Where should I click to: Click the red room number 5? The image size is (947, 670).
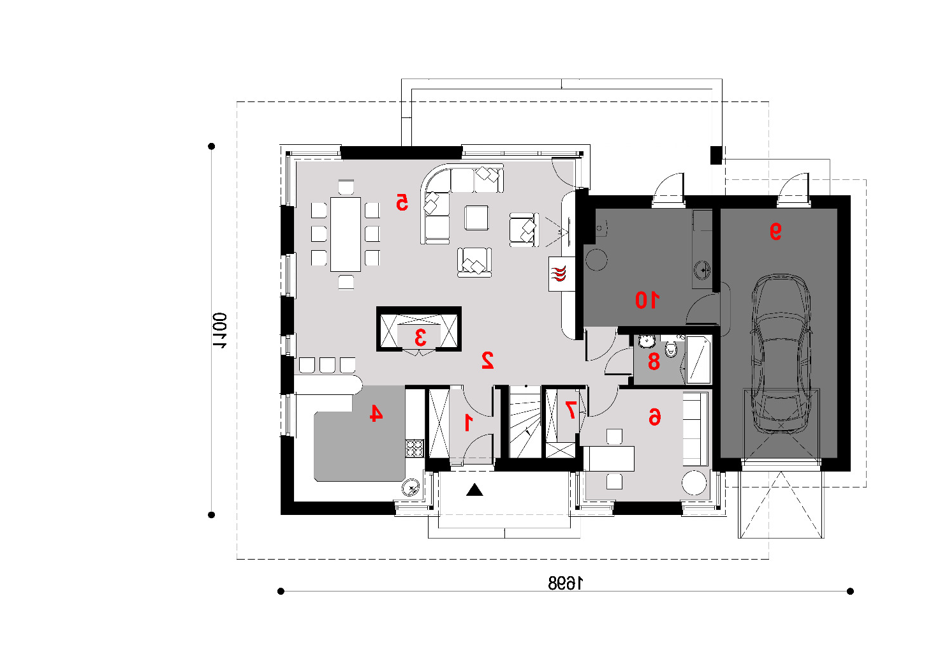tap(402, 202)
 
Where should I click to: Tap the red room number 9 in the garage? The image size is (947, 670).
tap(775, 231)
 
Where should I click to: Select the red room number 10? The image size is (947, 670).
tap(647, 300)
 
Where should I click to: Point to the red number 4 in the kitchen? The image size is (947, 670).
tap(376, 413)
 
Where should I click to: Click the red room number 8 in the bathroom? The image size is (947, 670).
tap(654, 362)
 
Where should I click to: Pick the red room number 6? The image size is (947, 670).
tap(654, 417)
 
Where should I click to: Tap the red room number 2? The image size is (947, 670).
tap(487, 360)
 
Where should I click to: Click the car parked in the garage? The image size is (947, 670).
tap(781, 354)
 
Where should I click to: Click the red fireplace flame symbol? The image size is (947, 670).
tap(559, 274)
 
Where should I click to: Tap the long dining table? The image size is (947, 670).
tap(346, 234)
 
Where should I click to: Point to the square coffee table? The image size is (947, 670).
tap(476, 218)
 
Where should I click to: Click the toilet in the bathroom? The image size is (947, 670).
tap(671, 348)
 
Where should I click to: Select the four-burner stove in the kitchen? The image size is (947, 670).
tap(415, 449)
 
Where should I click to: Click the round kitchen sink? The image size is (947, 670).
tap(411, 488)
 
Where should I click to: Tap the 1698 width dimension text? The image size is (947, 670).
tap(565, 584)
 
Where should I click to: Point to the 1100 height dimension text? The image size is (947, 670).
tap(219, 331)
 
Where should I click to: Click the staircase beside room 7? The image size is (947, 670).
tap(525, 422)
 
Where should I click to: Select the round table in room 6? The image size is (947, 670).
tap(694, 483)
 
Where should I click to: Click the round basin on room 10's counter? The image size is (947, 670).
tap(703, 270)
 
